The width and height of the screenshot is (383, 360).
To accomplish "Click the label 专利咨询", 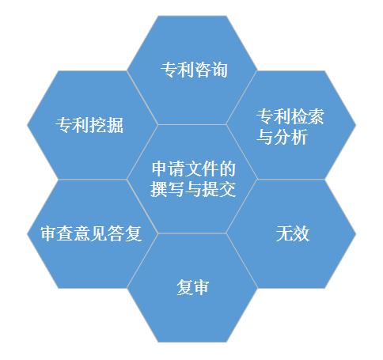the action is pyautogui.click(x=194, y=70).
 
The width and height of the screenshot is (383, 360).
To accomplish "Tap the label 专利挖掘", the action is pyautogui.click(x=89, y=125).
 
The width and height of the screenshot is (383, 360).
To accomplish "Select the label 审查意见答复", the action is pyautogui.click(x=91, y=233).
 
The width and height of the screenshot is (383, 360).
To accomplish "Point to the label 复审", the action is pyautogui.click(x=193, y=287).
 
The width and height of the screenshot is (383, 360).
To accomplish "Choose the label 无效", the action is pyautogui.click(x=293, y=233).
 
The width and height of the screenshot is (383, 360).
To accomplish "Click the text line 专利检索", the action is pyautogui.click(x=290, y=116).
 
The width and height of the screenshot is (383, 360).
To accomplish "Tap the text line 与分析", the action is pyautogui.click(x=282, y=137).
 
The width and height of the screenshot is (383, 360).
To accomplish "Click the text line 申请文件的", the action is pyautogui.click(x=194, y=169).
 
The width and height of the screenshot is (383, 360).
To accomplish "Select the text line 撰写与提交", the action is pyautogui.click(x=193, y=189).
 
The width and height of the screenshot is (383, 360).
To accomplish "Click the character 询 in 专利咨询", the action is pyautogui.click(x=219, y=70).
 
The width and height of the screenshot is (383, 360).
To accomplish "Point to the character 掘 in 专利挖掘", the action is pyautogui.click(x=115, y=125).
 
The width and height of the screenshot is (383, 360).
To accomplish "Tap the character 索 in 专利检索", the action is pyautogui.click(x=316, y=116).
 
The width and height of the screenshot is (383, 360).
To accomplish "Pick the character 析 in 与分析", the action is pyautogui.click(x=299, y=137).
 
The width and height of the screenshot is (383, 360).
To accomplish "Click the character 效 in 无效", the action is pyautogui.click(x=301, y=233).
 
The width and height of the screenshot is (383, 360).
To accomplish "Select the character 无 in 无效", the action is pyautogui.click(x=284, y=233).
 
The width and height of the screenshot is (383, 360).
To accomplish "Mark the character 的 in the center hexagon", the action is pyautogui.click(x=227, y=169).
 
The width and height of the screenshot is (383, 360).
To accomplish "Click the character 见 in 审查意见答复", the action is pyautogui.click(x=100, y=233).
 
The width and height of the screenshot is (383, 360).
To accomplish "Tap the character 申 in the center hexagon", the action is pyautogui.click(x=160, y=169).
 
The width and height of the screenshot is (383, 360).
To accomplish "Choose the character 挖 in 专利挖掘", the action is pyautogui.click(x=98, y=125).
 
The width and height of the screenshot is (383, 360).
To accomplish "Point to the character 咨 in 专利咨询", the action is pyautogui.click(x=203, y=70).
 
